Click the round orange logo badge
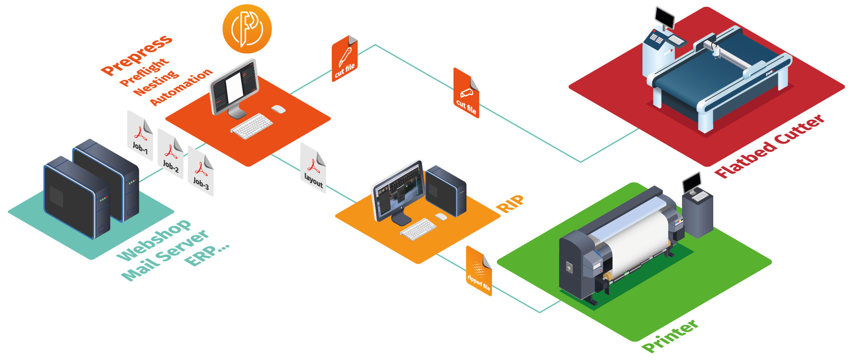247,29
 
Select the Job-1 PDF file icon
140,136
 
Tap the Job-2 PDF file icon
170,154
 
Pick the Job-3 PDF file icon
201,172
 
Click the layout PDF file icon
314,168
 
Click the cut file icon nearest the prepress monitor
345,59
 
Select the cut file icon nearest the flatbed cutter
466,93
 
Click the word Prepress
137,55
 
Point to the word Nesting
156,83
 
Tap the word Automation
181,87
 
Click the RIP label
510,203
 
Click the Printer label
670,336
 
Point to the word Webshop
153,241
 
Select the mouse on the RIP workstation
441,217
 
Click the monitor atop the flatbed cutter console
665,17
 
